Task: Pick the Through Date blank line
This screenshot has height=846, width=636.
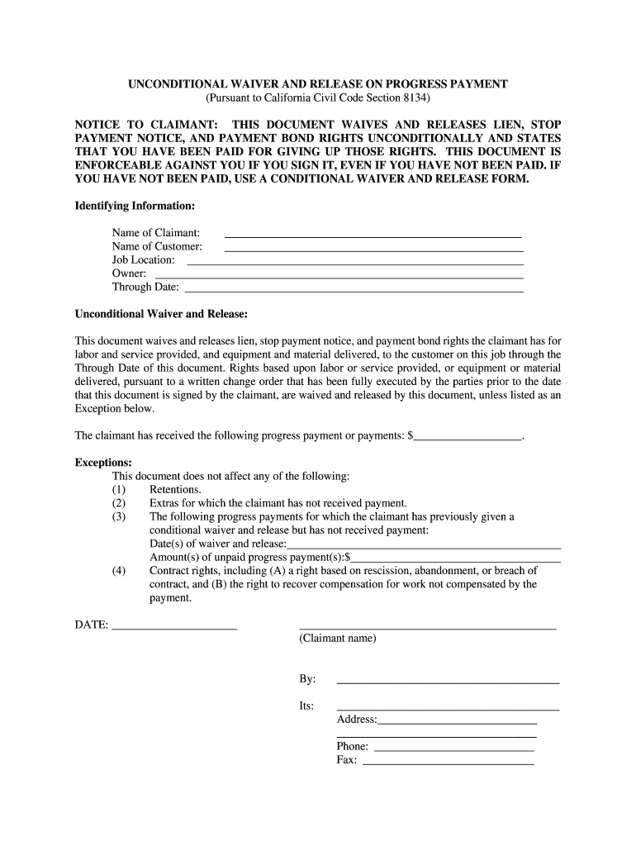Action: [354, 290]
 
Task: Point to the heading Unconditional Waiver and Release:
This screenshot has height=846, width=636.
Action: [161, 315]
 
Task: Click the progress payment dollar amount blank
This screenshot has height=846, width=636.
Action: [468, 438]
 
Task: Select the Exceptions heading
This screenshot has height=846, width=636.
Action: [103, 463]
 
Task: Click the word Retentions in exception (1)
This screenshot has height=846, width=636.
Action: [175, 490]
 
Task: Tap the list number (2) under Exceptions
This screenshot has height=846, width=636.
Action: [119, 503]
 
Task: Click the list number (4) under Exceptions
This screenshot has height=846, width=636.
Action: [119, 570]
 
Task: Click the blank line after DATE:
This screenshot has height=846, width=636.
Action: [174, 628]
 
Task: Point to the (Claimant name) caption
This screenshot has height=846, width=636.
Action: [338, 639]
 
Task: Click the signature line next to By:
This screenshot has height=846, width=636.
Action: [448, 682]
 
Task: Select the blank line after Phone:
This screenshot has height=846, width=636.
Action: [453, 749]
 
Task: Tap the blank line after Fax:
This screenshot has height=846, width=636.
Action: [448, 763]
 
